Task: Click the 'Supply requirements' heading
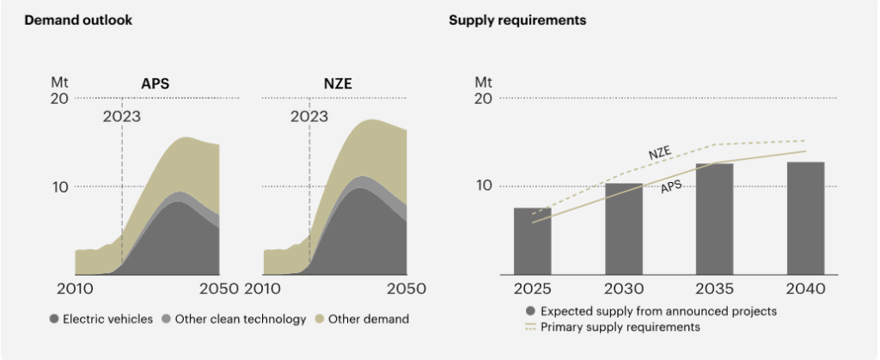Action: (x=517, y=20)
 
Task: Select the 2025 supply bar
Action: (x=532, y=241)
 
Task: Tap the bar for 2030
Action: (x=623, y=229)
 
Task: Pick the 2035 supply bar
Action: (x=714, y=219)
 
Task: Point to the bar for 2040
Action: (x=805, y=218)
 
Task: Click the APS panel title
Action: (x=156, y=84)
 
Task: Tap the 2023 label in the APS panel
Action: (x=121, y=117)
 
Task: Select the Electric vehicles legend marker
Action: (x=54, y=320)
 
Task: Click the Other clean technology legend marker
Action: (x=167, y=320)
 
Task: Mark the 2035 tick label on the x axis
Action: (x=714, y=290)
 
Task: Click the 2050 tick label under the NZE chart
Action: (x=406, y=290)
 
